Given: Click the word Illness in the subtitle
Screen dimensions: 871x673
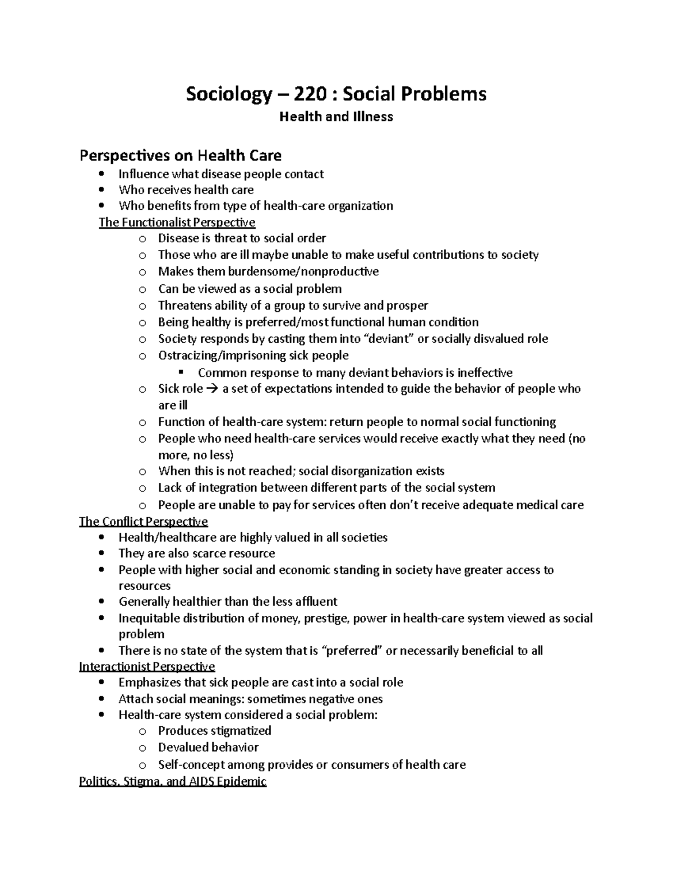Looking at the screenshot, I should [373, 117].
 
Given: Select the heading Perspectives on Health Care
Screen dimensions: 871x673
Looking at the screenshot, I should [180, 155].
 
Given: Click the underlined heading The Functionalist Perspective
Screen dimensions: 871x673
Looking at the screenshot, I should [177, 222].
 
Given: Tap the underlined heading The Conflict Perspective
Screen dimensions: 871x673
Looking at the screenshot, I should [144, 522].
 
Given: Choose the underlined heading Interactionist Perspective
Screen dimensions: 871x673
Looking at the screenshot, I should [147, 666].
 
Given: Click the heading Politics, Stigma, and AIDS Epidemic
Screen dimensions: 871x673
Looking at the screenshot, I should [173, 781].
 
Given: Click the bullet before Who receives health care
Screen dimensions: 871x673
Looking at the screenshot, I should [101, 190].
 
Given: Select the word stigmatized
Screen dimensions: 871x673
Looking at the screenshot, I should [241, 730].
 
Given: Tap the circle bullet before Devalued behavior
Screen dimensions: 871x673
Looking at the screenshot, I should [142, 748].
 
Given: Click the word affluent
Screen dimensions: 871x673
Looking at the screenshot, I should [316, 602].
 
